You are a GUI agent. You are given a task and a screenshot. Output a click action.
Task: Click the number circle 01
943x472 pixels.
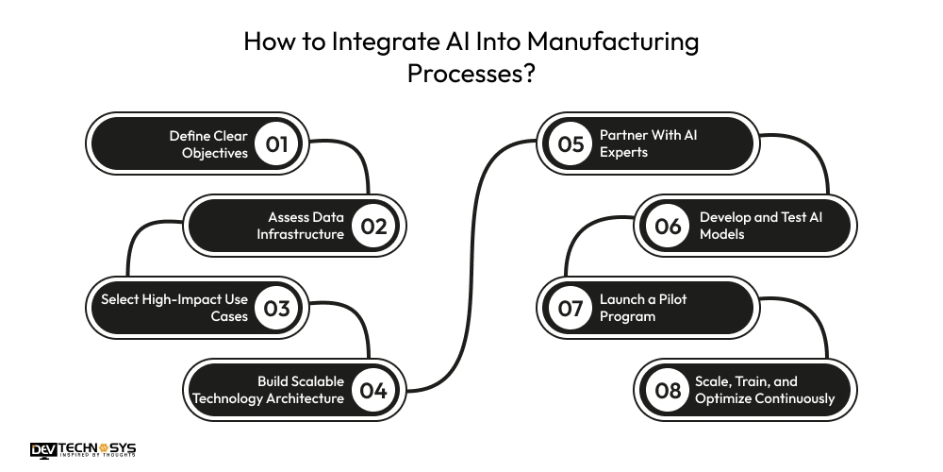pyautogui.click(x=276, y=143)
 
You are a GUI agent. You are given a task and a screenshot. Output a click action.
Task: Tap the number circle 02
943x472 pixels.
pyautogui.click(x=373, y=226)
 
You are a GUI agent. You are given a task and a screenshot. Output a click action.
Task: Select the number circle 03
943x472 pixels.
pyautogui.click(x=276, y=308)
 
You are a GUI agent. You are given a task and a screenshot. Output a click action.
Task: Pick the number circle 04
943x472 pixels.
pyautogui.click(x=373, y=390)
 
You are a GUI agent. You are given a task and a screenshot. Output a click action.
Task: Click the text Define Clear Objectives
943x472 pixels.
pyautogui.click(x=208, y=143)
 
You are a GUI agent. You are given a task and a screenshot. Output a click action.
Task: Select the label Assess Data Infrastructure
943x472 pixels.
pyautogui.click(x=300, y=226)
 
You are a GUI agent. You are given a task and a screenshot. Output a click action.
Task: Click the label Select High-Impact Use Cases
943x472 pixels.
pyautogui.click(x=174, y=308)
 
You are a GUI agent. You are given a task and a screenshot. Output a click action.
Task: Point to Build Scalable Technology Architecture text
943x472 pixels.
pyautogui.click(x=269, y=390)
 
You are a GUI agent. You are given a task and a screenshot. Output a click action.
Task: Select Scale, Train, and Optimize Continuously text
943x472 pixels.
pyautogui.click(x=765, y=390)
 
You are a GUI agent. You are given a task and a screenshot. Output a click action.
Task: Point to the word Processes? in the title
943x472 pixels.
pyautogui.click(x=471, y=74)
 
